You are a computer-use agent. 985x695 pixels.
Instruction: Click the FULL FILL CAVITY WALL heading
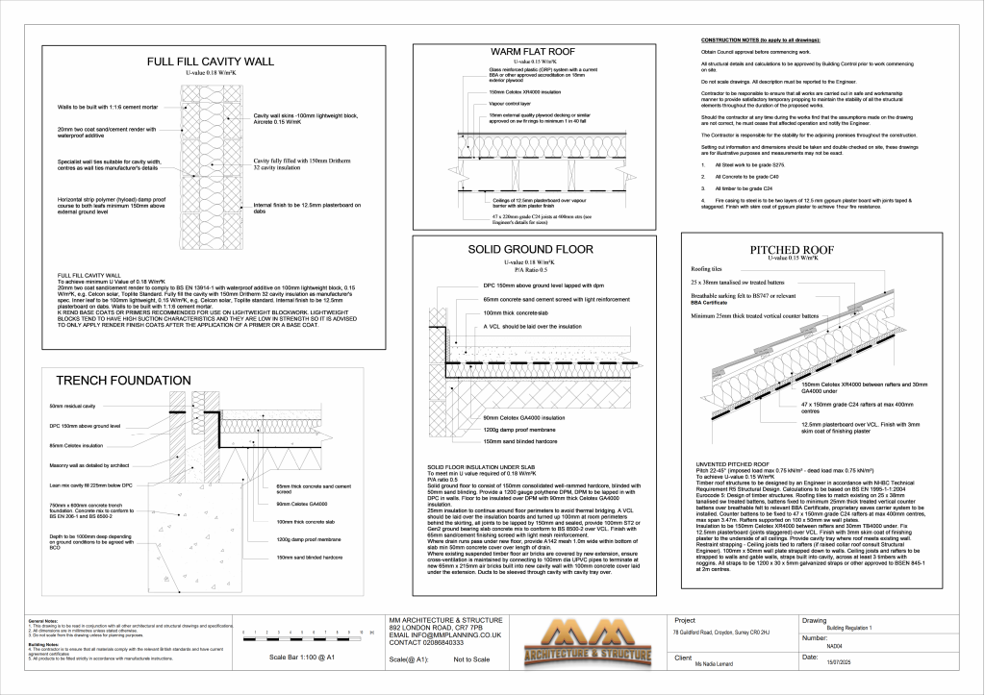pos(210,62)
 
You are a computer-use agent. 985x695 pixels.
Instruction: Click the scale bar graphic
pos(299,635)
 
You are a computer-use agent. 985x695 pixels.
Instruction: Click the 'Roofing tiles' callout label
pos(707,269)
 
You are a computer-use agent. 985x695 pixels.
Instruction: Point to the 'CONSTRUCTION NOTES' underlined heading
pos(760,40)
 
